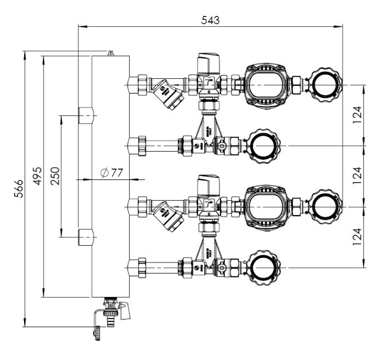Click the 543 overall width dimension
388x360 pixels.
click(210, 20)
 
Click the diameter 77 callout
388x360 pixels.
click(112, 173)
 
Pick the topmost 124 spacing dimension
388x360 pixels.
click(357, 115)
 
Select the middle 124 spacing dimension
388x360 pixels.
click(357, 176)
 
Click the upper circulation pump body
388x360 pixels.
click(265, 84)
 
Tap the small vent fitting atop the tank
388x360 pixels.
click(110, 53)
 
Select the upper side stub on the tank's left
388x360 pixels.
click(85, 115)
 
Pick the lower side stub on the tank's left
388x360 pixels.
click(85, 237)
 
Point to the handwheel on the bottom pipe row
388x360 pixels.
click(265, 268)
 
